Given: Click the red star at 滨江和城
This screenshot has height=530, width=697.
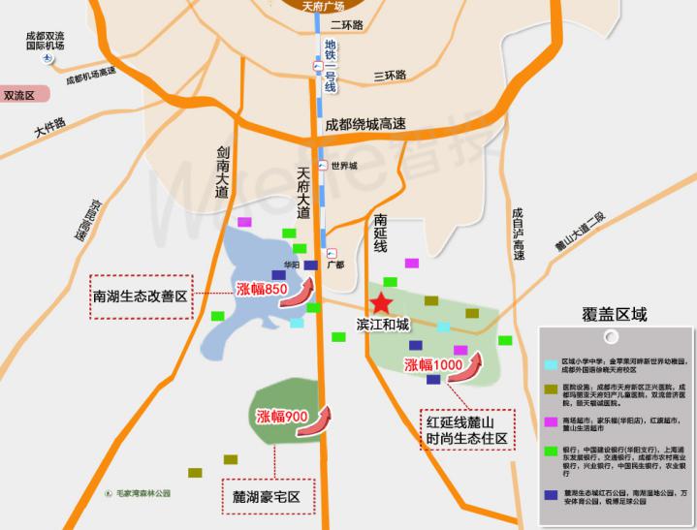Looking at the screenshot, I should tap(382, 302).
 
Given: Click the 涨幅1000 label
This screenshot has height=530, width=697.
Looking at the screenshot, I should tap(433, 364).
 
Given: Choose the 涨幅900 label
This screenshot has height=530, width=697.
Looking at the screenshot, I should tap(282, 417).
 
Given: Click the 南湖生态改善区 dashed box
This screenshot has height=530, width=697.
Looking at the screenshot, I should tap(142, 296).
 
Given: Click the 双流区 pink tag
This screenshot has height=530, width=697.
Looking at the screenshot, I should tap(20, 96).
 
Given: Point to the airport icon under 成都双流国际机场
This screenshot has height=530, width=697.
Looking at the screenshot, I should tap(47, 59).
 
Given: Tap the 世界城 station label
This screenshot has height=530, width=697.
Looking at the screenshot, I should tap(344, 166).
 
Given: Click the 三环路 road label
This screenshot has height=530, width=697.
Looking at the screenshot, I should tap(390, 75).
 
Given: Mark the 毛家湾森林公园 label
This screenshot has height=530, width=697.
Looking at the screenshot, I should tap(137, 493).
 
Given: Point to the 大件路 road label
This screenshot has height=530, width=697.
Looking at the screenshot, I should tap(49, 126).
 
